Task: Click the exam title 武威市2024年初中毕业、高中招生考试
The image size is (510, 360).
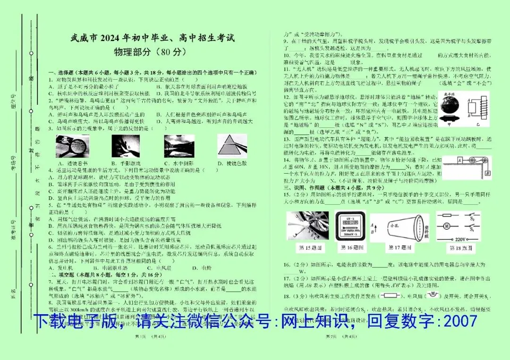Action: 152,38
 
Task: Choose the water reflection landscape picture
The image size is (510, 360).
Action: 179,146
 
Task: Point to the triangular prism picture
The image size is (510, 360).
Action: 232,146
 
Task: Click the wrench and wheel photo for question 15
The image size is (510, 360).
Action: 307,226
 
